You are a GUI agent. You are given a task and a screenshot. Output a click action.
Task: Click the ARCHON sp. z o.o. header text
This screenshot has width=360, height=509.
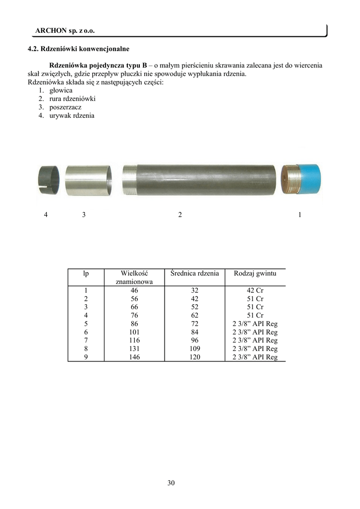click(x=65, y=31)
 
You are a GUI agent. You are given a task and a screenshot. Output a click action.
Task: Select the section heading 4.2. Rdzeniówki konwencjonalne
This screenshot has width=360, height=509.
click(x=78, y=49)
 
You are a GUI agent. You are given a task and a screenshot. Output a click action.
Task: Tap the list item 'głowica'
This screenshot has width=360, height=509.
click(x=61, y=90)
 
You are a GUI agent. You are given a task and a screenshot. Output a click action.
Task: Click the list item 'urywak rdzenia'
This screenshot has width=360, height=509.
click(x=72, y=116)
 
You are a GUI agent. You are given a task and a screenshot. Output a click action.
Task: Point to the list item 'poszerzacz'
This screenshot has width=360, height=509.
click(x=65, y=107)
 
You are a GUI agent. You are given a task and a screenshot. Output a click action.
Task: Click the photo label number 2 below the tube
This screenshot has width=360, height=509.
click(x=180, y=215)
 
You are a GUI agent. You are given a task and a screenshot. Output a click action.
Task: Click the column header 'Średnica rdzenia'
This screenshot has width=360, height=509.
click(x=194, y=273)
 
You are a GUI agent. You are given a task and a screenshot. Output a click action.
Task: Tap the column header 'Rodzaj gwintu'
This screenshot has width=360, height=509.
click(x=255, y=273)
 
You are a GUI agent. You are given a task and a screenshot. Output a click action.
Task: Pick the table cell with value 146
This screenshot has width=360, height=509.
click(x=134, y=357)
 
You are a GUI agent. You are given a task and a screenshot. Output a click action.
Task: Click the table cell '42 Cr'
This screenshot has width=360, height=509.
click(x=255, y=291)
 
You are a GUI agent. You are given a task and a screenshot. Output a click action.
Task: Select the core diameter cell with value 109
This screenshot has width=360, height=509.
click(x=194, y=349)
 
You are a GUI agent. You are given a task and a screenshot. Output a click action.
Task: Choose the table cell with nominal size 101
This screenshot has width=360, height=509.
click(x=134, y=332)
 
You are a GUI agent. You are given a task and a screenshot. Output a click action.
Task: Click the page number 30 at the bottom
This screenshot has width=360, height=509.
click(x=171, y=483)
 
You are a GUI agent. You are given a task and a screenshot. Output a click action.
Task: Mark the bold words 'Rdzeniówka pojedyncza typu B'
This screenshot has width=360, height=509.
click(x=98, y=66)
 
